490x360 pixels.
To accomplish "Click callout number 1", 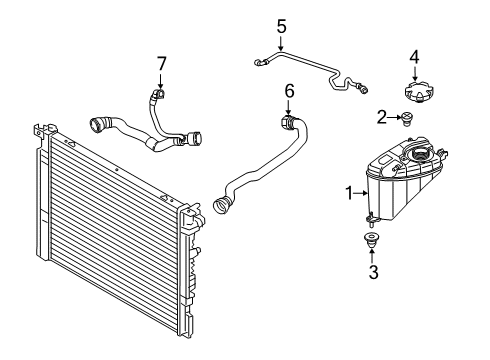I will coord(349,193).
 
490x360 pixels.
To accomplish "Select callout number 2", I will coord(382,118).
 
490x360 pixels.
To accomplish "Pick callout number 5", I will coord(281,25).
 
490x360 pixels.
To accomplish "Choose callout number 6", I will coord(289,91).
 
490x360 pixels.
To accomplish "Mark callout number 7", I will coord(160,64).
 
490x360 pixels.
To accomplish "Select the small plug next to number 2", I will coord(406,120).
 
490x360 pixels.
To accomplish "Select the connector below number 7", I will coord(157,95).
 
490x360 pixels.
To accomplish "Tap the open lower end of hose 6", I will coord(220,207).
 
